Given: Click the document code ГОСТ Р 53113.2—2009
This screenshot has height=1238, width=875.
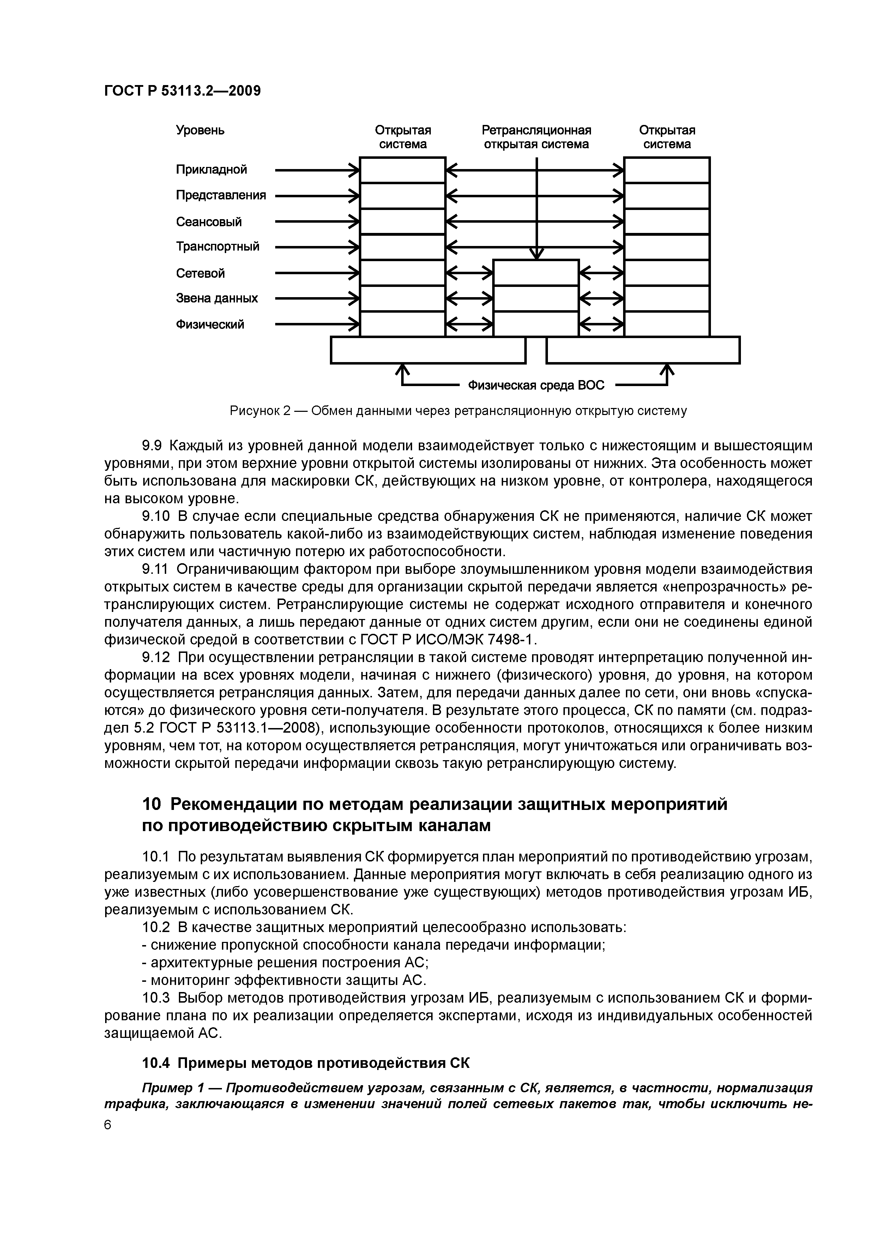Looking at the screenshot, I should [182, 91].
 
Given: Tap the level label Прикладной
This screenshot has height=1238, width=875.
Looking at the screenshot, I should [211, 170].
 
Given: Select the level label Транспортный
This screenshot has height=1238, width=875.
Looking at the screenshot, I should [217, 247].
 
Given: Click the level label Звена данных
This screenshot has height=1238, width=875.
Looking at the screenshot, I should [217, 298].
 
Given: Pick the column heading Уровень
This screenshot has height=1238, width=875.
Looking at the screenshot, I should [200, 131].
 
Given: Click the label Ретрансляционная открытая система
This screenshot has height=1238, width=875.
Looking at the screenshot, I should [536, 137].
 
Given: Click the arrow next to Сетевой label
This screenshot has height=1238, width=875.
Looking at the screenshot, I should [317, 274].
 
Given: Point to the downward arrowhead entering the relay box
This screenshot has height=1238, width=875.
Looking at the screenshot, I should [536, 253].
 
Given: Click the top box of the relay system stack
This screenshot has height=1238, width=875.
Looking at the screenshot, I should [536, 273].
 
